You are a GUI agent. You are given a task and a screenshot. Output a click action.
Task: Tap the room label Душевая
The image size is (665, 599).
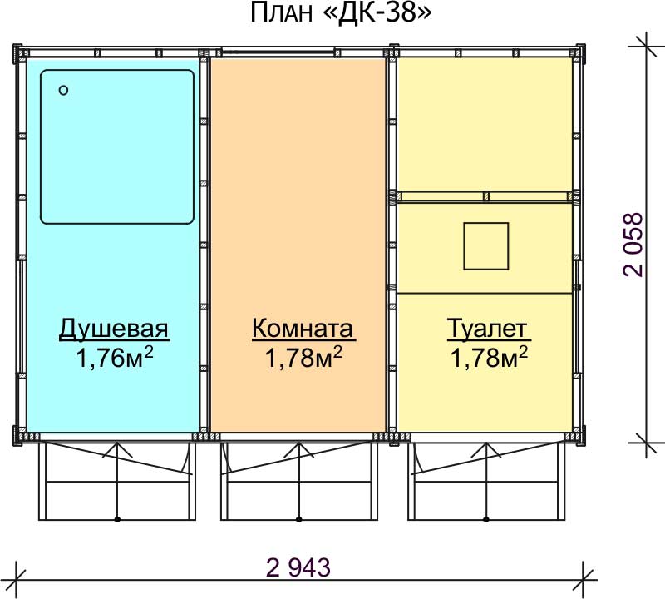tap(114, 329)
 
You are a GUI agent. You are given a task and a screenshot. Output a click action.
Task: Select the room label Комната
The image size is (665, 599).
tap(303, 329)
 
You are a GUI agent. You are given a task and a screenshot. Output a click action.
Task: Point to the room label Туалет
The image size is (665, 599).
tap(489, 329)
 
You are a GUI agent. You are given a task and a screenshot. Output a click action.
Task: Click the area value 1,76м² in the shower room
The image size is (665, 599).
tap(115, 358)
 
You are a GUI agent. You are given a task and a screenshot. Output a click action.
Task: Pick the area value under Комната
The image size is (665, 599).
tap(303, 358)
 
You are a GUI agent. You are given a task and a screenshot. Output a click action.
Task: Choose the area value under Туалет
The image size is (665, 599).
tap(489, 358)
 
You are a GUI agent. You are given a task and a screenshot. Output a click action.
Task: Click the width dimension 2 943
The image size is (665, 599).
tap(298, 567)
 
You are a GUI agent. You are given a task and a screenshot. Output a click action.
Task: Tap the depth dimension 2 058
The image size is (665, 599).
tap(633, 245)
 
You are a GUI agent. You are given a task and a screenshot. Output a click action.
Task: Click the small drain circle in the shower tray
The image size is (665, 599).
tap(64, 90)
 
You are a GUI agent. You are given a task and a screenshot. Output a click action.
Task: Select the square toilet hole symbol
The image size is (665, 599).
tap(486, 246)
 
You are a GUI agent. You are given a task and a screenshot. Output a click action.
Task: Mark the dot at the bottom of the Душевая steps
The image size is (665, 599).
tap(117, 519)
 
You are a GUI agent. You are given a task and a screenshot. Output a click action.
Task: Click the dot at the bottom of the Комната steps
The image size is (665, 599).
tap(299, 519)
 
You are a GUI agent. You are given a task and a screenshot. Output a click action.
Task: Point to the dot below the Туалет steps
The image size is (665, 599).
tap(486, 519)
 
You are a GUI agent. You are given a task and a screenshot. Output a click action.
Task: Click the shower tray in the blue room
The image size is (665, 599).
tap(117, 147)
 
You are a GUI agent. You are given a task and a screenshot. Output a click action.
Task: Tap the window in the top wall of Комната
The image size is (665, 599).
tap(278, 52)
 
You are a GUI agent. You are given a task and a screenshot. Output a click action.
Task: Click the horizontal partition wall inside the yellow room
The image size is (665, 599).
tap(484, 196)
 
